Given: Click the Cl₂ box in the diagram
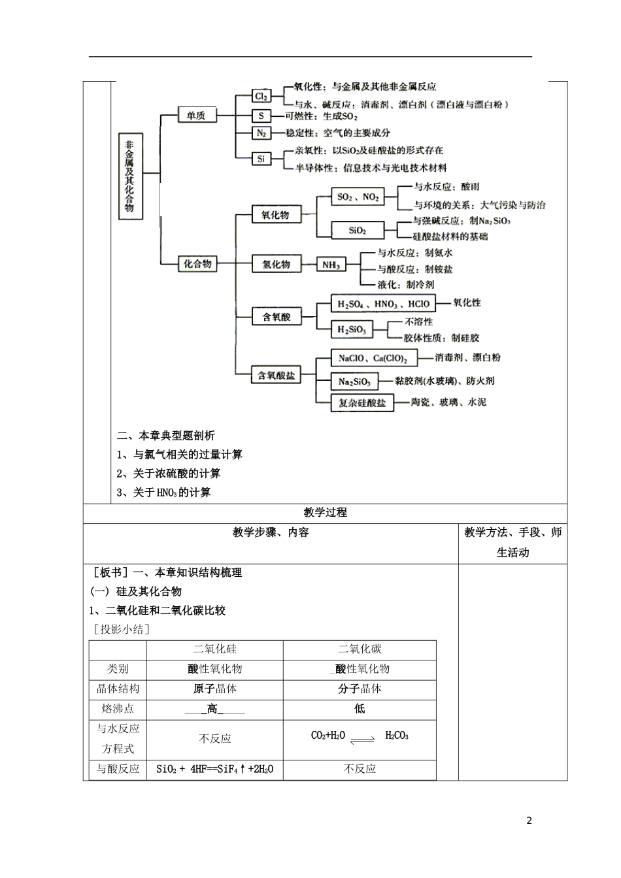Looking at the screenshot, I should coord(261,96).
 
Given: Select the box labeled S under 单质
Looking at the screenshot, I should coord(261,116).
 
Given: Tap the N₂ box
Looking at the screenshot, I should coord(261,133).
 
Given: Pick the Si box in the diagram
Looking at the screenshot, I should coord(261,158).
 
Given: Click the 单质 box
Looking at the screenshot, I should coord(196,116).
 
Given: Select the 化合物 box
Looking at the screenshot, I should coord(197,264).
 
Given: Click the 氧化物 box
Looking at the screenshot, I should coord(275,214).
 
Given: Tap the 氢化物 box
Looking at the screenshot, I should coord(276,265).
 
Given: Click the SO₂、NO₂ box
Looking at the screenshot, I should coord(358,197).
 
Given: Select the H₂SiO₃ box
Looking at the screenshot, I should coord(352,330).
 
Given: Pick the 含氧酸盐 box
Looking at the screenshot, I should coord(276,376).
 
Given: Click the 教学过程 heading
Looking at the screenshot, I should coord(326,513).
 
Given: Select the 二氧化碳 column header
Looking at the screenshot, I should coord(360,649).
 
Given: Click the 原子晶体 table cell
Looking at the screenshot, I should coord(215,689).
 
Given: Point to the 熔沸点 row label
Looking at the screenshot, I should coord(118,709).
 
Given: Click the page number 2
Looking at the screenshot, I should coord(529,821).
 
